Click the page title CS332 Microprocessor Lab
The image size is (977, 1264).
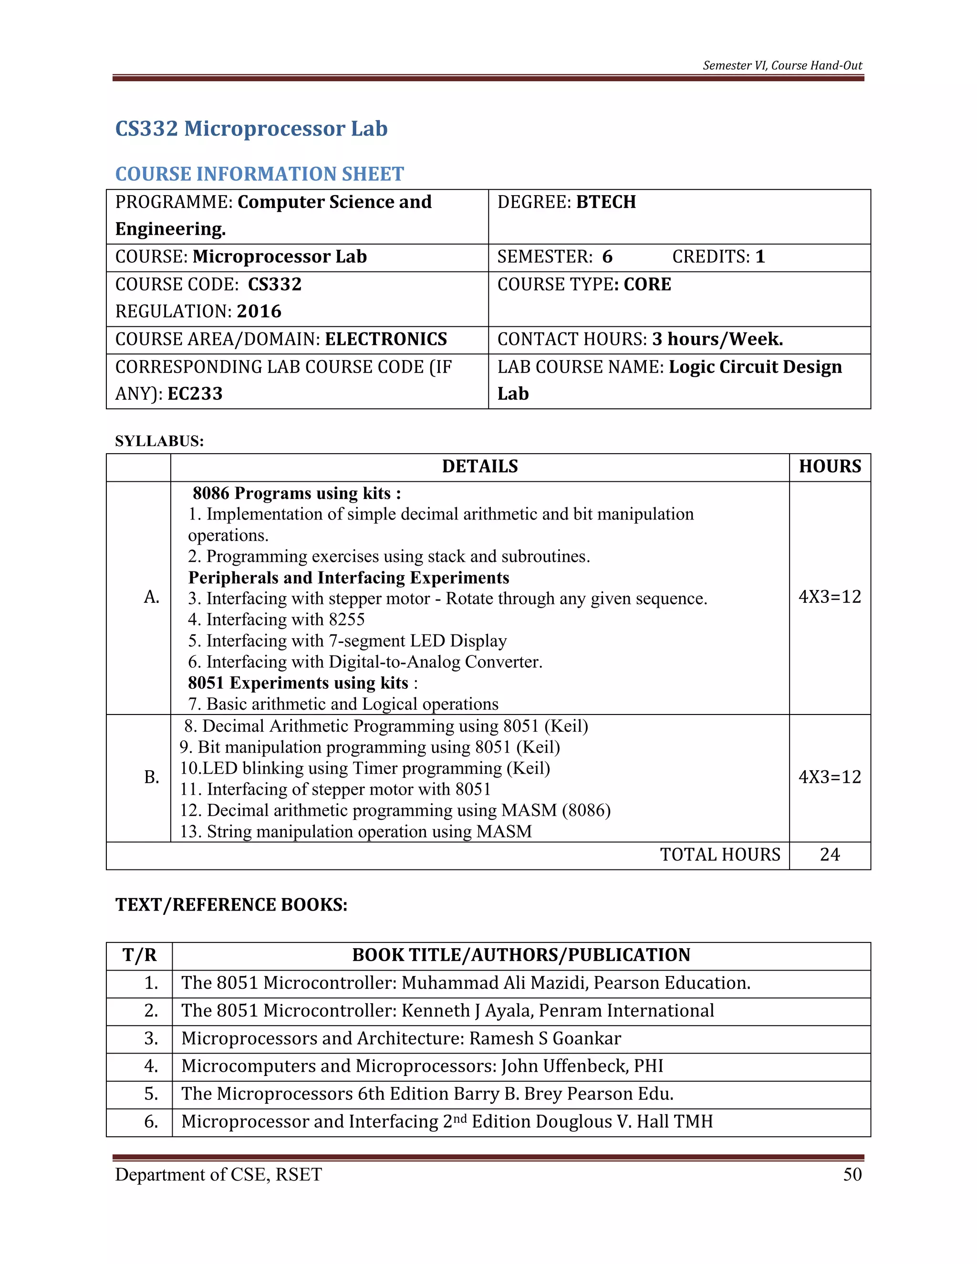coord(251,128)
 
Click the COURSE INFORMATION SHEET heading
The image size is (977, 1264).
coord(260,174)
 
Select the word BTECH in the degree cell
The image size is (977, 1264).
coord(605,202)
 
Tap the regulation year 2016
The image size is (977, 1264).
coord(259,311)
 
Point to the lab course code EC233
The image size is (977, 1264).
coord(195,394)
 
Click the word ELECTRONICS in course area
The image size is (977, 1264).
coord(385,339)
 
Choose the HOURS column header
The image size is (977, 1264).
coord(830,466)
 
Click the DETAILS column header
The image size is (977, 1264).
coord(479,466)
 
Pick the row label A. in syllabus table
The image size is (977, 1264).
coord(152,597)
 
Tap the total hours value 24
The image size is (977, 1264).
coord(830,855)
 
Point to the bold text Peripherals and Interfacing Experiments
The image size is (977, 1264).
coord(348,578)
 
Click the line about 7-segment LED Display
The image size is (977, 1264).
coord(347,641)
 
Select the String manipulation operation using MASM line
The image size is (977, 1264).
coord(355,832)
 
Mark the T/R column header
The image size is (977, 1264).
coord(139,955)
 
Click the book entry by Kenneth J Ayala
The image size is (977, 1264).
coord(447,1011)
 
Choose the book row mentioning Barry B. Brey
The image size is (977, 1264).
coord(427,1094)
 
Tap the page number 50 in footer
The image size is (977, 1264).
coord(852,1174)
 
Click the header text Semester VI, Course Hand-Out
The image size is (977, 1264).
coord(782,65)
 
